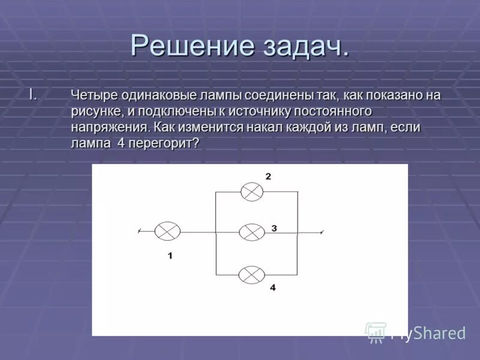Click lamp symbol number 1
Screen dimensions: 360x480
click(x=167, y=231)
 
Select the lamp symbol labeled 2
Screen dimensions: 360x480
click(x=252, y=192)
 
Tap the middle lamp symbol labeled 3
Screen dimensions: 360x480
click(x=252, y=232)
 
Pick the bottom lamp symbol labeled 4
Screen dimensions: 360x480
click(x=251, y=275)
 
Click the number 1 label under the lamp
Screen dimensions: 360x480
click(x=170, y=256)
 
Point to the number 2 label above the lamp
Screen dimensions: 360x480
click(x=268, y=176)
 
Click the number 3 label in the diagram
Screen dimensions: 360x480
click(x=273, y=228)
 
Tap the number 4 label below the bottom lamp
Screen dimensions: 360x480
click(x=272, y=288)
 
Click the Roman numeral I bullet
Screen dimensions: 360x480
click(x=34, y=95)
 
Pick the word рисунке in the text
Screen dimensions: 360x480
click(x=94, y=112)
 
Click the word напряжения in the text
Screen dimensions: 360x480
click(x=110, y=128)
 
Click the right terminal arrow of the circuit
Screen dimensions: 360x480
click(x=323, y=232)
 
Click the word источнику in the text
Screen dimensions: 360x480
click(x=263, y=112)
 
